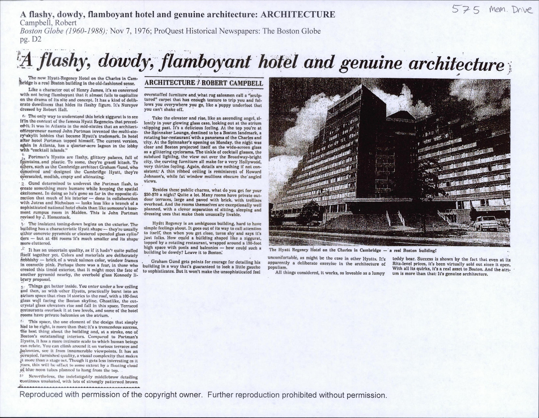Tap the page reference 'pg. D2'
click(x=31, y=39)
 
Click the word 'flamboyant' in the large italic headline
click(x=206, y=63)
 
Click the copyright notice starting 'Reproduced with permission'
click(x=203, y=395)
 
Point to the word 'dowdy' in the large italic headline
click(x=121, y=63)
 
